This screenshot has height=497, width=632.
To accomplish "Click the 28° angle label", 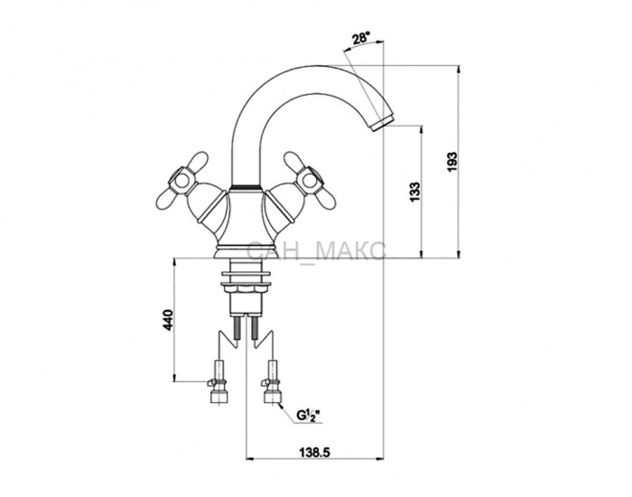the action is point(361,39).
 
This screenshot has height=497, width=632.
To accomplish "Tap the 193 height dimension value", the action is point(453,162).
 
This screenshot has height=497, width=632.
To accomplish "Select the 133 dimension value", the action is point(414,192).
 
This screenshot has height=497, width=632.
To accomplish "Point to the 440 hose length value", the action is point(168,320).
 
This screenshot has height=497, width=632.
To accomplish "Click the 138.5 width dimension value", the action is point(314,453).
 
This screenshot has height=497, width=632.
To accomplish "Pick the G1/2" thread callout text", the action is point(308,415).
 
